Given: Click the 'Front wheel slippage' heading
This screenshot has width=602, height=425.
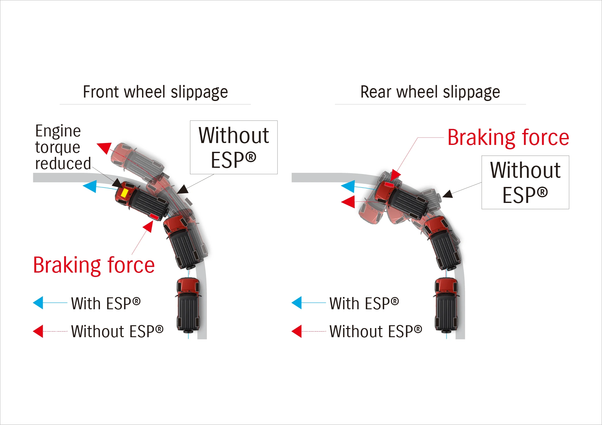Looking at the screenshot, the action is click(155, 92).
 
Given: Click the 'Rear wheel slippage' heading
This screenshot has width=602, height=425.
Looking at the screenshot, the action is click(430, 92).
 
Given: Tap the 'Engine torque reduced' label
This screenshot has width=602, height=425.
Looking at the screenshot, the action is click(63, 147).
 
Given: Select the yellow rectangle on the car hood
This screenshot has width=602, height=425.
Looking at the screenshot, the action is click(124, 193).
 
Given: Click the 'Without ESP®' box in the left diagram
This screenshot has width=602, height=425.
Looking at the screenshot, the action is click(234, 147).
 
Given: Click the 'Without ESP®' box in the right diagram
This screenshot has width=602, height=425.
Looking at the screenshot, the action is click(525, 182).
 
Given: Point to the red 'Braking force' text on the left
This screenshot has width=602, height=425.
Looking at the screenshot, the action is click(94, 265).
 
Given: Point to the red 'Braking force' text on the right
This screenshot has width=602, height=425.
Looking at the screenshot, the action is click(508, 137).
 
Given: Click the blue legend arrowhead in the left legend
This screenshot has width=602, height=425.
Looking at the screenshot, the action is click(38, 303).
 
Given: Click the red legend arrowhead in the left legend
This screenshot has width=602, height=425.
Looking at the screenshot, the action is click(38, 331).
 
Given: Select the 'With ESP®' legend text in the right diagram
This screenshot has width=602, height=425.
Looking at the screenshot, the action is click(364, 303).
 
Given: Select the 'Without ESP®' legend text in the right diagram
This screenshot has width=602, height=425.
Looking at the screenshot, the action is click(376, 331).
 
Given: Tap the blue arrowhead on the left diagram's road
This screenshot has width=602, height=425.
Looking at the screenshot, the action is click(90, 186).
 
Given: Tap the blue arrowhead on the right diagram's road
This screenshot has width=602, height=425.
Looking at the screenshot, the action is click(348, 186).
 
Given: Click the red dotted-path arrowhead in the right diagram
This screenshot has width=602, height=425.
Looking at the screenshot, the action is click(348, 202).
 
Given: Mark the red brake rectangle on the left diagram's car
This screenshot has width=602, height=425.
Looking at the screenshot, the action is click(154, 216).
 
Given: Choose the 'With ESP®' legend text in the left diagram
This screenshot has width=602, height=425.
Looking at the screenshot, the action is click(106, 303).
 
